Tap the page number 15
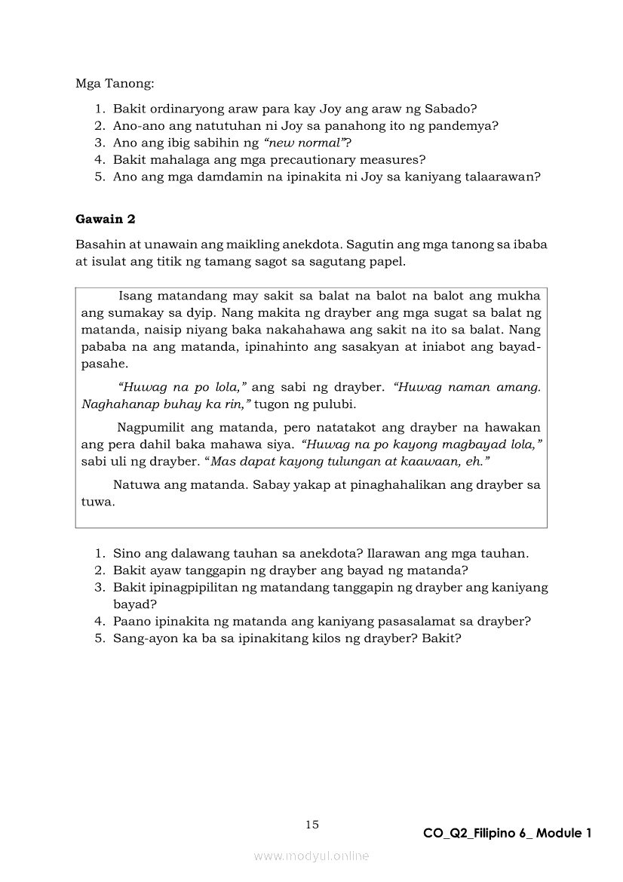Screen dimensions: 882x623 312,825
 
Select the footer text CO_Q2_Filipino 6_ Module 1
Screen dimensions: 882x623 507,833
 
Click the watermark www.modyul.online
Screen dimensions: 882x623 311,856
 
